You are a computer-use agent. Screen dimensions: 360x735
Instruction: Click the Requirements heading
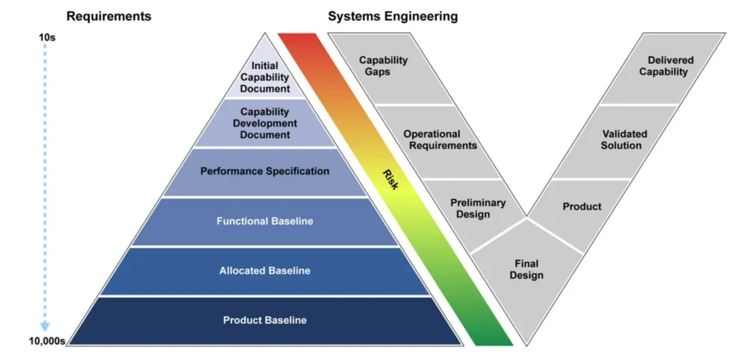click(110, 16)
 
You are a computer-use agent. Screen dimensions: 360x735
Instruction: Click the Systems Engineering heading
click(393, 16)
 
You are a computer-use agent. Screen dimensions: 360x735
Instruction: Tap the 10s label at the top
click(46, 37)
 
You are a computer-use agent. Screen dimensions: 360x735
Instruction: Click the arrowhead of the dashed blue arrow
click(46, 327)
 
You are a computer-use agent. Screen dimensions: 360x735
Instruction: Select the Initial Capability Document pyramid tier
click(265, 77)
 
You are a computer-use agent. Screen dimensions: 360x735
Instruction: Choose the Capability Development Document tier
click(265, 123)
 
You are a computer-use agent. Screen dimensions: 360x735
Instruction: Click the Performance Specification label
click(265, 171)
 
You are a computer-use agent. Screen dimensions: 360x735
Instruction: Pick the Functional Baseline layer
click(265, 221)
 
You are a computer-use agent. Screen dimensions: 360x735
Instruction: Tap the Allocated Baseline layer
click(265, 271)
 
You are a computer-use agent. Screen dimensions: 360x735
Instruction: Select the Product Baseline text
click(265, 320)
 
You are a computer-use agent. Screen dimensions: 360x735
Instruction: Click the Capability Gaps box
click(384, 66)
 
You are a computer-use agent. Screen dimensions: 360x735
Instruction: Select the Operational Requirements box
click(440, 140)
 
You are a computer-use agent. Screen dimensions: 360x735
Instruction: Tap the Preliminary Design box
click(478, 208)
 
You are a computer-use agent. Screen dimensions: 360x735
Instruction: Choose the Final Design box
click(526, 269)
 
